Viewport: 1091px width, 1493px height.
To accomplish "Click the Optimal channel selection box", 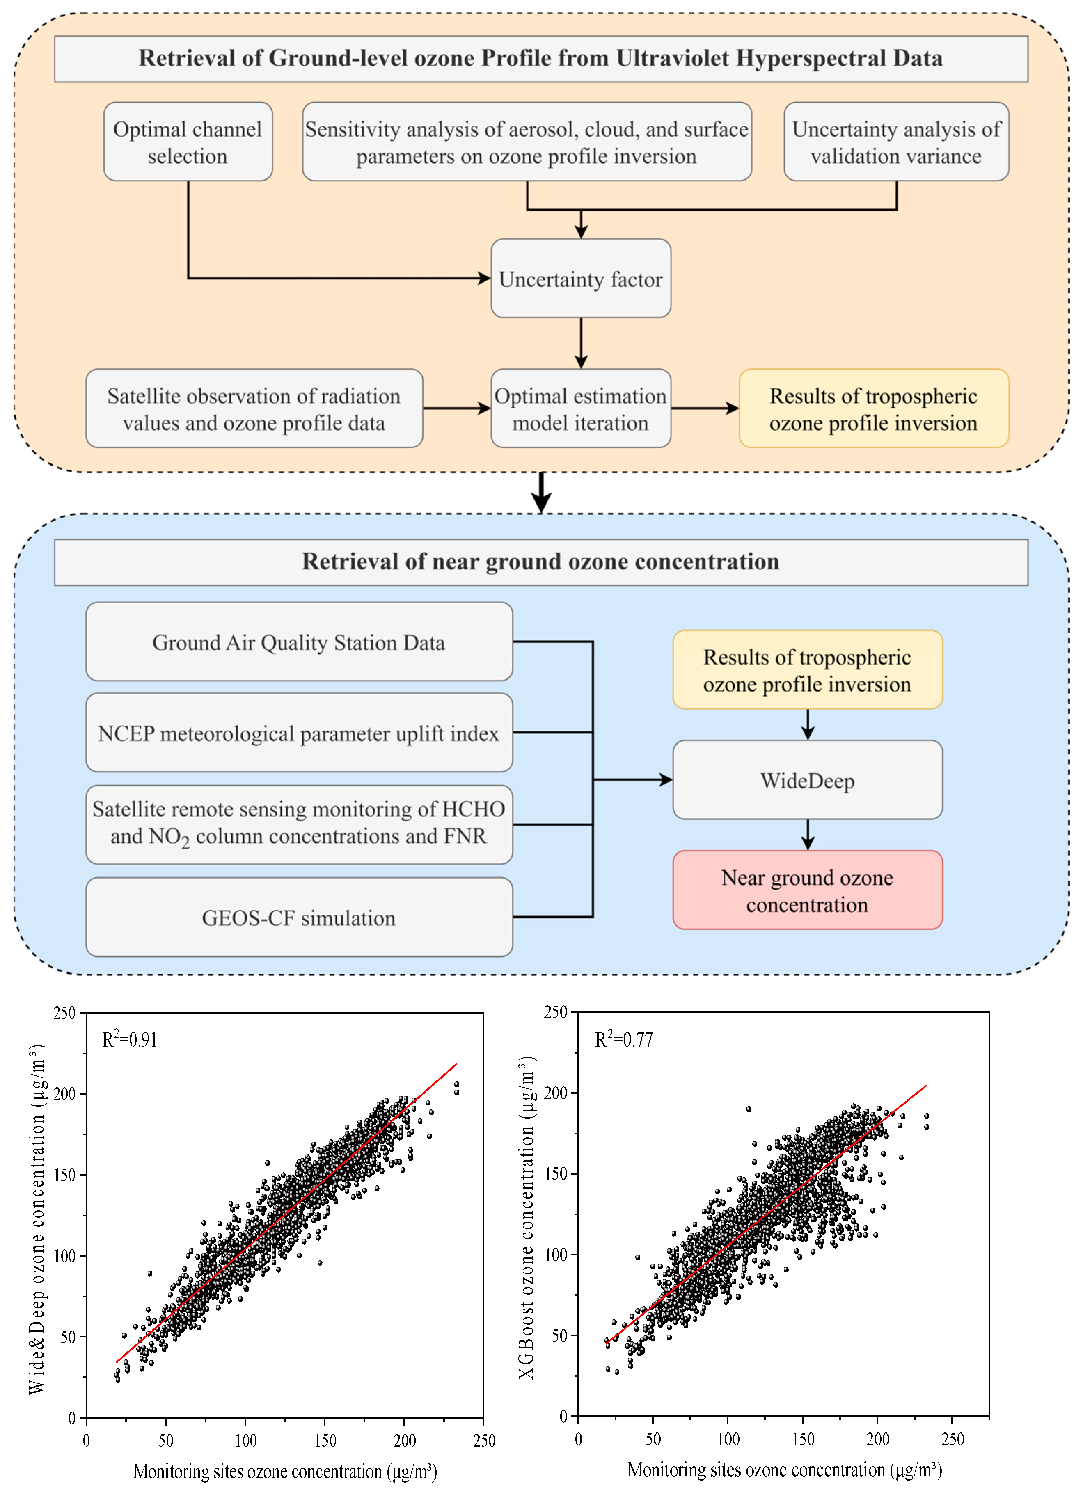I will tap(188, 142).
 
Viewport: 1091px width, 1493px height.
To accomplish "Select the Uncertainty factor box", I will tap(580, 279).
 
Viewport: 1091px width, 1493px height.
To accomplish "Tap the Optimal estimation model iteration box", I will tap(580, 409).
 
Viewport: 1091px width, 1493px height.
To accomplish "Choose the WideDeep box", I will tap(807, 780).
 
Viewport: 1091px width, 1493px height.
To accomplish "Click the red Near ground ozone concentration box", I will tap(807, 891).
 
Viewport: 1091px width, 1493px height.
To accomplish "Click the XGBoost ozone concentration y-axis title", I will tap(526, 1218).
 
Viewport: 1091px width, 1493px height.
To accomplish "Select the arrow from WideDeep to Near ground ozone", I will tap(807, 835).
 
